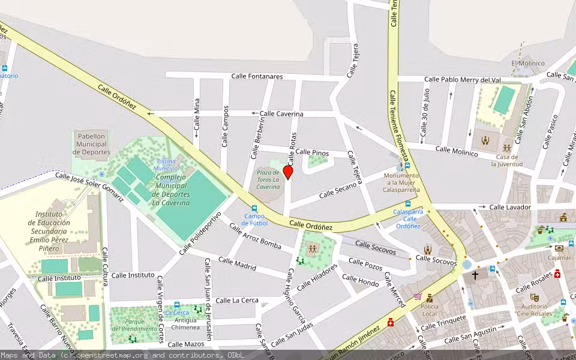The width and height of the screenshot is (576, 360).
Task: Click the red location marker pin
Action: [x=288, y=172]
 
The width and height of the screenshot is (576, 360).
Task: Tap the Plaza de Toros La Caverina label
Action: [x=268, y=179]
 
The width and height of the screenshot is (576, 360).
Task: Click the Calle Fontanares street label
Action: [x=257, y=76]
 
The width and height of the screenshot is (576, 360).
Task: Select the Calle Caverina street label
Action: [x=281, y=113]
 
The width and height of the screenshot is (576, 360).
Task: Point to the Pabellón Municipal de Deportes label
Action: [x=91, y=144]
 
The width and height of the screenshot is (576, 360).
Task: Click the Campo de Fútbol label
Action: [x=254, y=220]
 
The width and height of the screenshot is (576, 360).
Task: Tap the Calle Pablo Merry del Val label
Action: [x=462, y=79]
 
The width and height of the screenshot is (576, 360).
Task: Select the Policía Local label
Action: [x=430, y=310]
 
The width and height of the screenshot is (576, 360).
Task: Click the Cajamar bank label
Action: [x=560, y=258]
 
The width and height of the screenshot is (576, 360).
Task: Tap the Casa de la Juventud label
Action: [x=508, y=160]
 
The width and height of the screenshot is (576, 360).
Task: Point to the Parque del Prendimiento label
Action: [x=133, y=325]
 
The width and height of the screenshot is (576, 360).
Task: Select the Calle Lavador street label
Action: [x=510, y=207]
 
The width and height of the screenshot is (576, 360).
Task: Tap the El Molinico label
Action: [x=528, y=63]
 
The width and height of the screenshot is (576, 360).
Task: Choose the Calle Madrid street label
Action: [x=237, y=263]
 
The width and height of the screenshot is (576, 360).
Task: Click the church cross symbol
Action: [x=475, y=275]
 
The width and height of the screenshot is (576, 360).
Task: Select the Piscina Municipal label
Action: [x=167, y=165]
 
